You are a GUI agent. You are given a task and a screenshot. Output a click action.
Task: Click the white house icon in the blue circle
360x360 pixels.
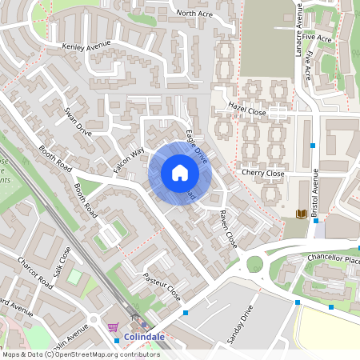(180, 173)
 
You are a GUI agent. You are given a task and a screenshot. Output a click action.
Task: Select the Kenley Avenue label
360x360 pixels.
(86, 48)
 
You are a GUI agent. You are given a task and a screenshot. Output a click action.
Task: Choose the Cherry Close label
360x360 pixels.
(262, 173)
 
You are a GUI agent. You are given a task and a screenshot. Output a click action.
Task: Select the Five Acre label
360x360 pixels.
(323, 38)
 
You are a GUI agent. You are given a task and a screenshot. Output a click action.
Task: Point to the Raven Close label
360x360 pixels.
(228, 228)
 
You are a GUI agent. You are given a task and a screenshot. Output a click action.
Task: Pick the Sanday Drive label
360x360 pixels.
(240, 324)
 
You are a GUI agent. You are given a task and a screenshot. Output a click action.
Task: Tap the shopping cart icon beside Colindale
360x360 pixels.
(114, 327)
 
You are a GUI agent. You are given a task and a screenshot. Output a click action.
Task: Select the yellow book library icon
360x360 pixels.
(301, 214)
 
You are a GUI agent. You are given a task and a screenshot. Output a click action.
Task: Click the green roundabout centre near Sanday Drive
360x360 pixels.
(254, 264)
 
